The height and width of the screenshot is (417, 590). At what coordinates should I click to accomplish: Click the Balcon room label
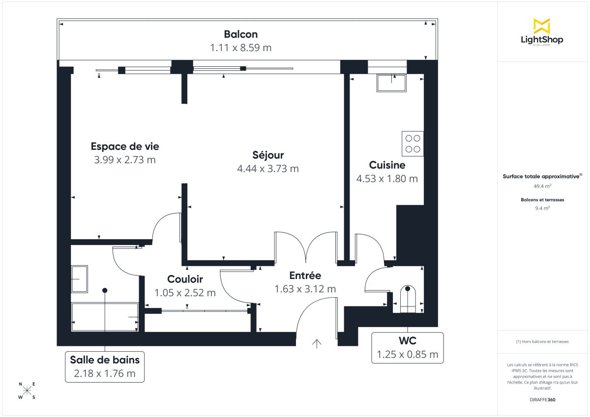(240, 34)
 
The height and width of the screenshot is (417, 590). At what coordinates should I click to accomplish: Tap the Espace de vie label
(125, 146)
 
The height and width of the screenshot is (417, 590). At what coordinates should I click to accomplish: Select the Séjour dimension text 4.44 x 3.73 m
(268, 168)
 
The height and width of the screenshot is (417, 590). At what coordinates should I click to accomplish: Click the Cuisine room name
(387, 165)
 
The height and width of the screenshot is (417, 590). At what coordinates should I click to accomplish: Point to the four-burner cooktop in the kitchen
(413, 143)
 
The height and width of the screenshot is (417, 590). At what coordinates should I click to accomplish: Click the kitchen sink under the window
(391, 83)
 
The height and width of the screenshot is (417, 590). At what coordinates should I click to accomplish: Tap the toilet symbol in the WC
(408, 299)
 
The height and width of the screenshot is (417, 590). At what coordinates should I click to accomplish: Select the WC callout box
(407, 348)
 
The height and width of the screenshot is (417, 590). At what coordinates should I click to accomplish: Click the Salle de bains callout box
(105, 366)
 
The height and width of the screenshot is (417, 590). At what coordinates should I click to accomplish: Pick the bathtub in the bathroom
(105, 317)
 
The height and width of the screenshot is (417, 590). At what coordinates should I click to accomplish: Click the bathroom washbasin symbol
(79, 279)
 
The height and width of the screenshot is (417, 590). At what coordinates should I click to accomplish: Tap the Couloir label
(185, 279)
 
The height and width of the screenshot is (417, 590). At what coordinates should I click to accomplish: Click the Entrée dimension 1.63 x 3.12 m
(305, 289)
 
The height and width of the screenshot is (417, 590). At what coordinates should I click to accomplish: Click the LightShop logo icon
(542, 26)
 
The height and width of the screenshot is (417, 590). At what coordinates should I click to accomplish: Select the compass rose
(27, 390)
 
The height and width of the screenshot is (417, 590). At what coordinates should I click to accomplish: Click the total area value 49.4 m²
(542, 186)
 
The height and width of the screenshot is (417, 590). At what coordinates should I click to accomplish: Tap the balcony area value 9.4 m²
(542, 208)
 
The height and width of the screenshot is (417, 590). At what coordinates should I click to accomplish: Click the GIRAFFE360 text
(542, 399)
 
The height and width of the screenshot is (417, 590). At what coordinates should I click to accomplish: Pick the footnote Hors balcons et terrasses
(542, 341)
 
